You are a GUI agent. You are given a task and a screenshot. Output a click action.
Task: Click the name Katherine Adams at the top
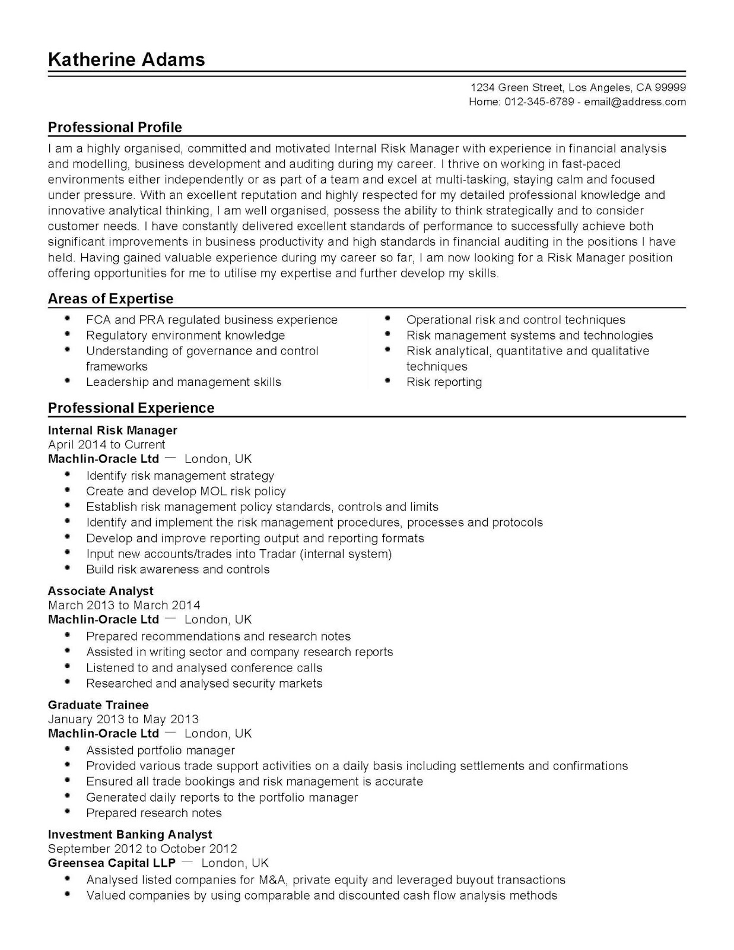tap(126, 59)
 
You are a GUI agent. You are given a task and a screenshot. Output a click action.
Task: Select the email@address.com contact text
tap(635, 102)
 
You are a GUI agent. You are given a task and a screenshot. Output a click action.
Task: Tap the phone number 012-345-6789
tap(539, 102)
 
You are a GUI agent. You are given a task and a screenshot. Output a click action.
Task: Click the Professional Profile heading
tap(115, 127)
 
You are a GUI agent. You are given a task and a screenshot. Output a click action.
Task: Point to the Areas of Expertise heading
tap(110, 299)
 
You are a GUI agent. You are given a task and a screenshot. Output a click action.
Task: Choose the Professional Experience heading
tap(131, 408)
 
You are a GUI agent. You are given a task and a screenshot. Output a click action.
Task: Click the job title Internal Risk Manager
tap(112, 430)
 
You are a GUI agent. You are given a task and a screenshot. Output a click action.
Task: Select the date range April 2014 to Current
tap(106, 444)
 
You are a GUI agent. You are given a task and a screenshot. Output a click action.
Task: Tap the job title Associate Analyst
tap(100, 591)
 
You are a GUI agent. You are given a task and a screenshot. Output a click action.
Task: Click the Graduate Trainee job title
tap(98, 705)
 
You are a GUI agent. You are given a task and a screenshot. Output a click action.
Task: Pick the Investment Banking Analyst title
tap(129, 834)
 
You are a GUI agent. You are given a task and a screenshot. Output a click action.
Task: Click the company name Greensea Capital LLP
tap(112, 863)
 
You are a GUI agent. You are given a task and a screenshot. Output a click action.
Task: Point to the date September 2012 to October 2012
tap(142, 848)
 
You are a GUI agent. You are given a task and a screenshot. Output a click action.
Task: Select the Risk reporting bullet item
tap(444, 382)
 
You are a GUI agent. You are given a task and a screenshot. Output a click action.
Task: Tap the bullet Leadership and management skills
tap(183, 382)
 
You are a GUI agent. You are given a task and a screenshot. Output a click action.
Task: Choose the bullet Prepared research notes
tap(154, 813)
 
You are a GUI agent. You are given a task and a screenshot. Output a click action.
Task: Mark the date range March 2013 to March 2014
tap(124, 605)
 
